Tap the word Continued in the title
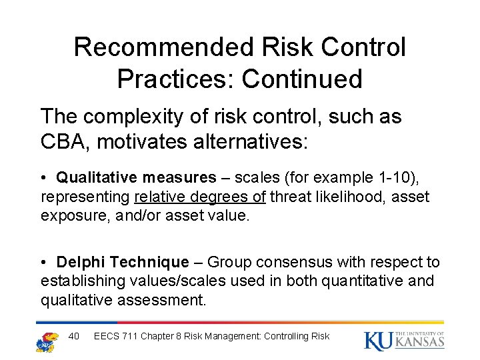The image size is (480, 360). tap(302, 79)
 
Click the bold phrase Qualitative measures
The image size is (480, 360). tap(136, 177)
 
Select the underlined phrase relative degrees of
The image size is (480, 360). tap(200, 197)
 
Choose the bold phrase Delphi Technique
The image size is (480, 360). tap(123, 262)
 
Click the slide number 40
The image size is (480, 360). tap(74, 336)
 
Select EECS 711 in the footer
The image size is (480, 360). tap(117, 336)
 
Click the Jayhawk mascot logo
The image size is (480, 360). tap(47, 340)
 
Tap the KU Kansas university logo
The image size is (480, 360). tap(404, 340)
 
